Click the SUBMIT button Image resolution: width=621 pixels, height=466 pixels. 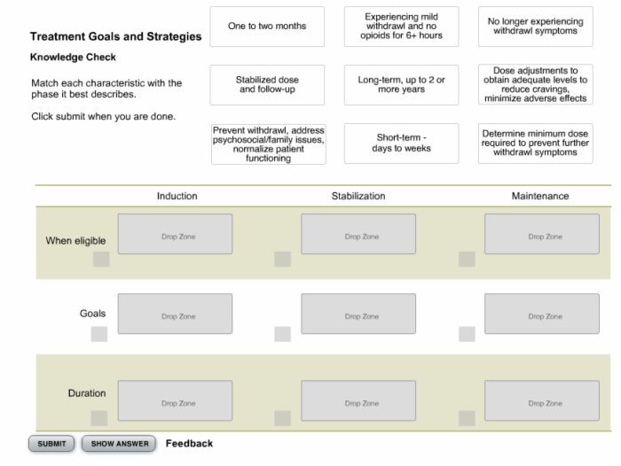click(x=51, y=444)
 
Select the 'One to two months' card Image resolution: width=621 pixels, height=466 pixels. click(x=267, y=27)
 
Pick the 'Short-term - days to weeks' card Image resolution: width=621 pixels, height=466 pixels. click(x=401, y=144)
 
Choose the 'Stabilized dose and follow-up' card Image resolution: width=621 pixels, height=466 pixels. click(x=267, y=85)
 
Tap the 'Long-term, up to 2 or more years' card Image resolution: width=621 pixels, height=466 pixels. click(x=401, y=85)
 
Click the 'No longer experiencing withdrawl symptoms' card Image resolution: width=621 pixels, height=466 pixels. click(x=536, y=27)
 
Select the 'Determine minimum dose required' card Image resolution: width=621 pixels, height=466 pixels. click(x=536, y=144)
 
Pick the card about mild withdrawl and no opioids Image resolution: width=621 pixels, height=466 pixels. click(x=401, y=27)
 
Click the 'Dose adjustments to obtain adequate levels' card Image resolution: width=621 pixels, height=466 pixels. click(x=536, y=84)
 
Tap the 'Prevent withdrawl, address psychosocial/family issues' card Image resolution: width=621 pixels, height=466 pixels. click(x=269, y=144)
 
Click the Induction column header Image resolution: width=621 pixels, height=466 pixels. click(x=177, y=196)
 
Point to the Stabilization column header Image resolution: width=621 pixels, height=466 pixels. click(x=358, y=196)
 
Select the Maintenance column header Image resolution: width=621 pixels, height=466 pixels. click(x=540, y=196)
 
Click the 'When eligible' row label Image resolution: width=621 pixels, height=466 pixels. click(x=75, y=240)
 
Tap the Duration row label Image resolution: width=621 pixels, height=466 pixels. click(x=87, y=392)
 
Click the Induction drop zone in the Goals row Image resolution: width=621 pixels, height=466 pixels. click(x=175, y=314)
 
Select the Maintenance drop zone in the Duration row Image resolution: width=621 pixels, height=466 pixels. click(x=542, y=400)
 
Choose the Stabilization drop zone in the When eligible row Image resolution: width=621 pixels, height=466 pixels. click(x=358, y=234)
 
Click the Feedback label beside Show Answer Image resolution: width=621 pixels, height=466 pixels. click(x=189, y=444)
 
